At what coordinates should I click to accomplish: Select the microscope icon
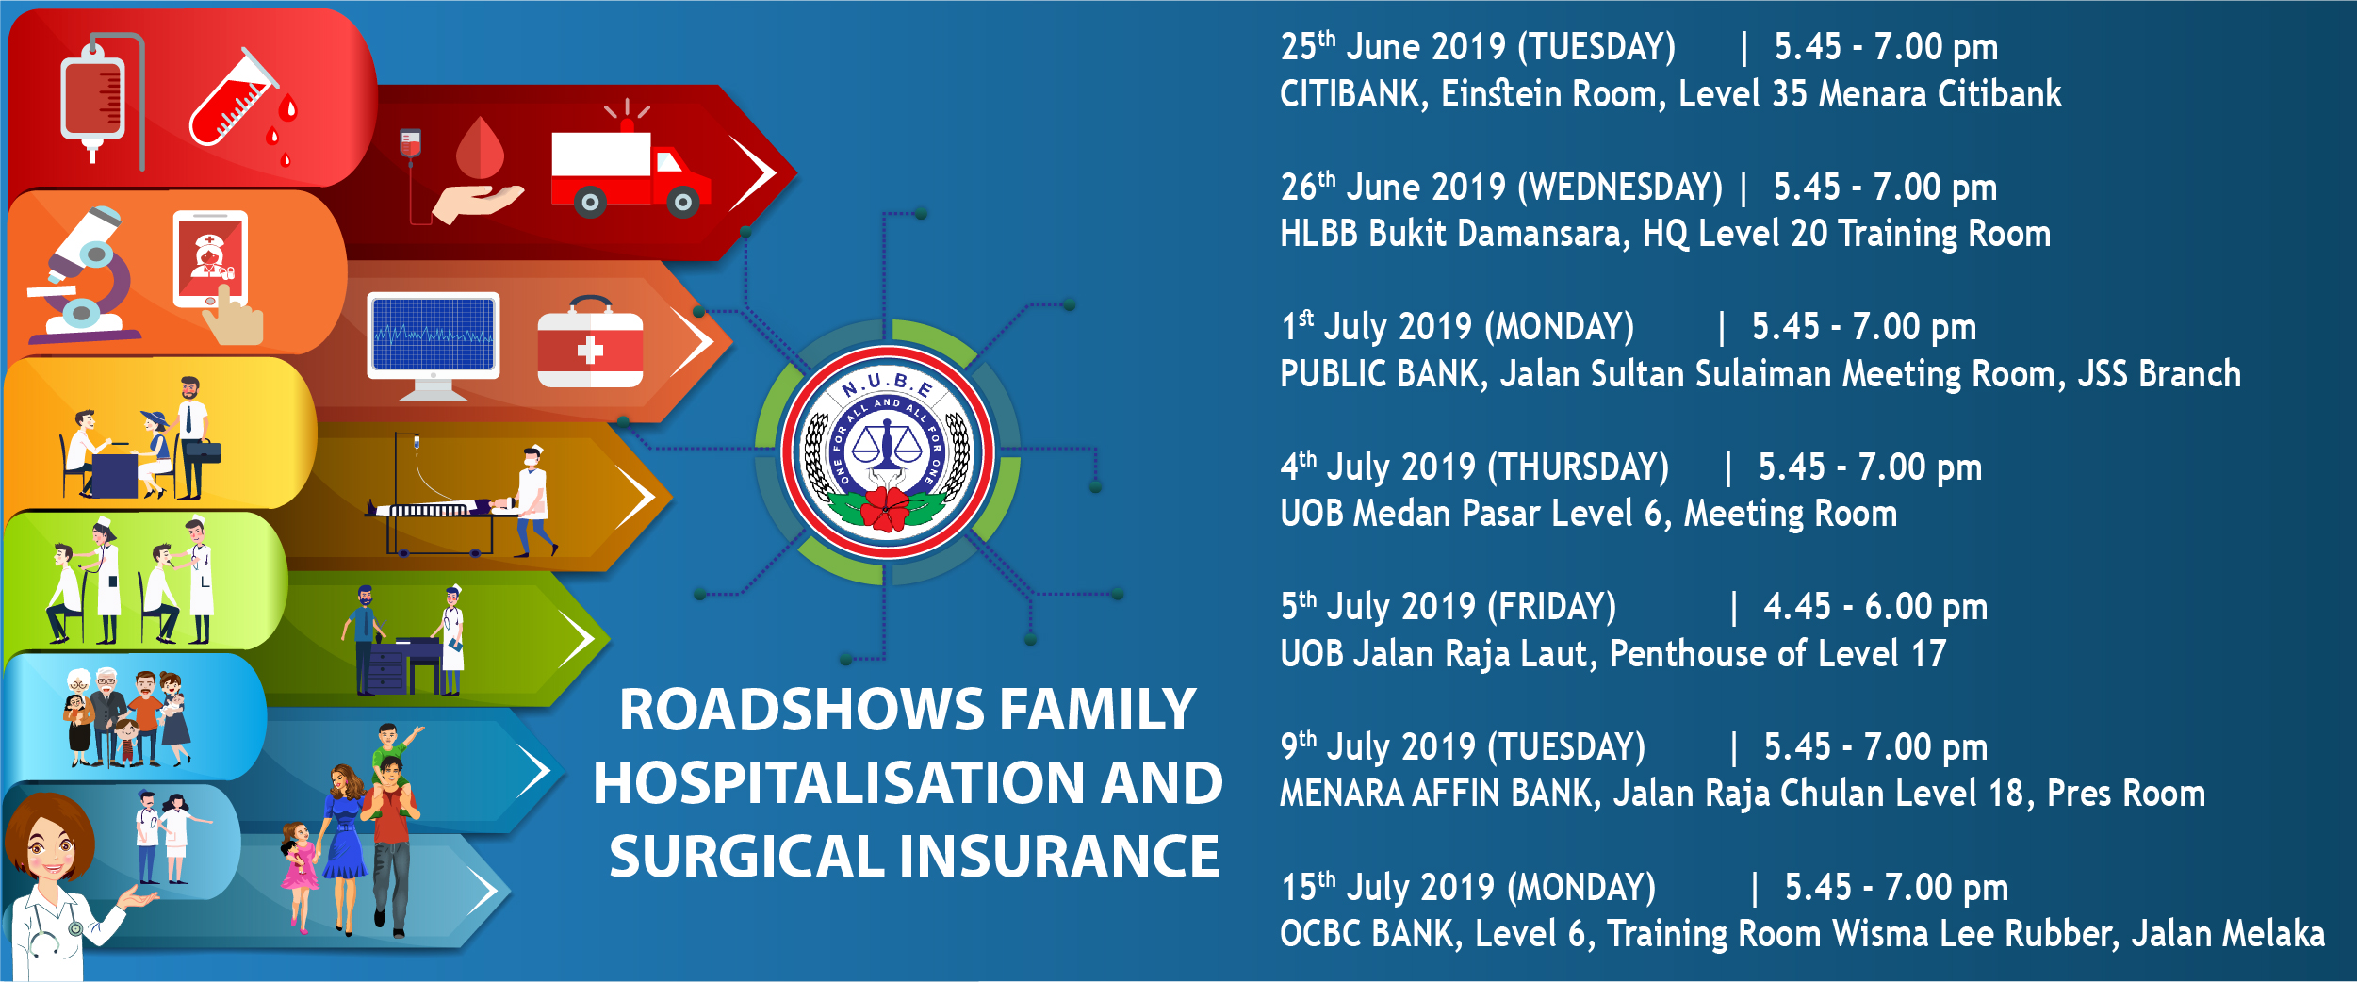coord(83,275)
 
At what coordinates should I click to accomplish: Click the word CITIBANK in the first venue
coord(1350,94)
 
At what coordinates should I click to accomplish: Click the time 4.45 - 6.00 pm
coord(1875,607)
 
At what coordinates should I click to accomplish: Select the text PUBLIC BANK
coord(1380,374)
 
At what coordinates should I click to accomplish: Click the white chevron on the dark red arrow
coord(753,173)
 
